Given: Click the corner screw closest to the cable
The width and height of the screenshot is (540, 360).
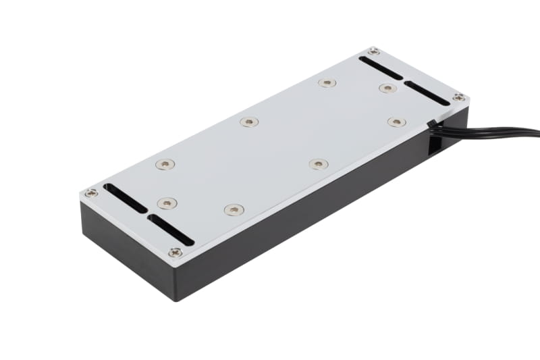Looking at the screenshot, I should point(458,98).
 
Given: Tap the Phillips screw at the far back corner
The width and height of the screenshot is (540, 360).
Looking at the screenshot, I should point(373,51).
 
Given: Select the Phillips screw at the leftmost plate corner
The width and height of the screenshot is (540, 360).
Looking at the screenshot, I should point(91,193).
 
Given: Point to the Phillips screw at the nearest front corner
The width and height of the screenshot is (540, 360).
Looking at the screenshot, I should point(175,253).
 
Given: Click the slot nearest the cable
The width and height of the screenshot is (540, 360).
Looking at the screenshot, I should point(426,93).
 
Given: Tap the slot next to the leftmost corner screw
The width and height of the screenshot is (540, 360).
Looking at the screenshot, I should point(124,198).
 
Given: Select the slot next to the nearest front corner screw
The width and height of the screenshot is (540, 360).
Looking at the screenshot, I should point(170,230).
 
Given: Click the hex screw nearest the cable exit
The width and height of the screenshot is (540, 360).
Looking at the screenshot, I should point(396,122).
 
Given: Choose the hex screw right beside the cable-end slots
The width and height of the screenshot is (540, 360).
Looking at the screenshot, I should point(387,88).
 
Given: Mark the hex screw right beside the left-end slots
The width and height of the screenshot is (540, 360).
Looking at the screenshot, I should point(167,203).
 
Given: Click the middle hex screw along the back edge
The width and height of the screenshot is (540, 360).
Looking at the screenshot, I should point(249,122).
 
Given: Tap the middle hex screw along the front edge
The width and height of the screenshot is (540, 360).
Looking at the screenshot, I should point(319,164).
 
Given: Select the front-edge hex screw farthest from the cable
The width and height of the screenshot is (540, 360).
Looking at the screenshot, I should point(233,210).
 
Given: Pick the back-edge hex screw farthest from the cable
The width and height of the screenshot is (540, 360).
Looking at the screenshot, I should point(164,164).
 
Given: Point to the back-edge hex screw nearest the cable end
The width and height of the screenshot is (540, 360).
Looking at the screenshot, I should point(327,83).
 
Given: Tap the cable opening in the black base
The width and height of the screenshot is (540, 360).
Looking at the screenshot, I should point(433,140).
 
